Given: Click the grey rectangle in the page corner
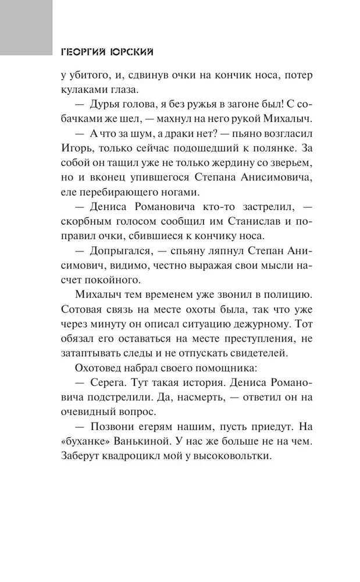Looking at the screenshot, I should pyautogui.click(x=26, y=27).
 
